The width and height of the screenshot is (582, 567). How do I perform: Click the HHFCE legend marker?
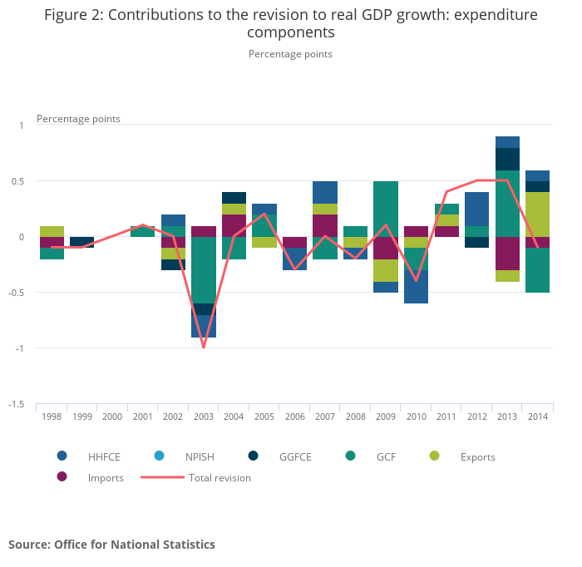click(x=62, y=456)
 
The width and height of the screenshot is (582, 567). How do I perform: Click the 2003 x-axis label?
click(x=203, y=416)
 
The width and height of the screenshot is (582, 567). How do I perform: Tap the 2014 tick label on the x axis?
click(x=537, y=416)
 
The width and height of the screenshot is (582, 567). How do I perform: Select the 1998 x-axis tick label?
click(x=52, y=416)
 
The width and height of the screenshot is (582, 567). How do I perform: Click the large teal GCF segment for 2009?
click(x=385, y=209)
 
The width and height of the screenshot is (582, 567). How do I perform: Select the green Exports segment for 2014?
click(x=537, y=214)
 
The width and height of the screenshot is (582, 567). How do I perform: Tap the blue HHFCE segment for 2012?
click(x=476, y=209)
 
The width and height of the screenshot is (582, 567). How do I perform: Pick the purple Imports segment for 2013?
click(x=506, y=254)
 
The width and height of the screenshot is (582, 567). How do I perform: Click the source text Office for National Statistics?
click(x=135, y=545)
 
